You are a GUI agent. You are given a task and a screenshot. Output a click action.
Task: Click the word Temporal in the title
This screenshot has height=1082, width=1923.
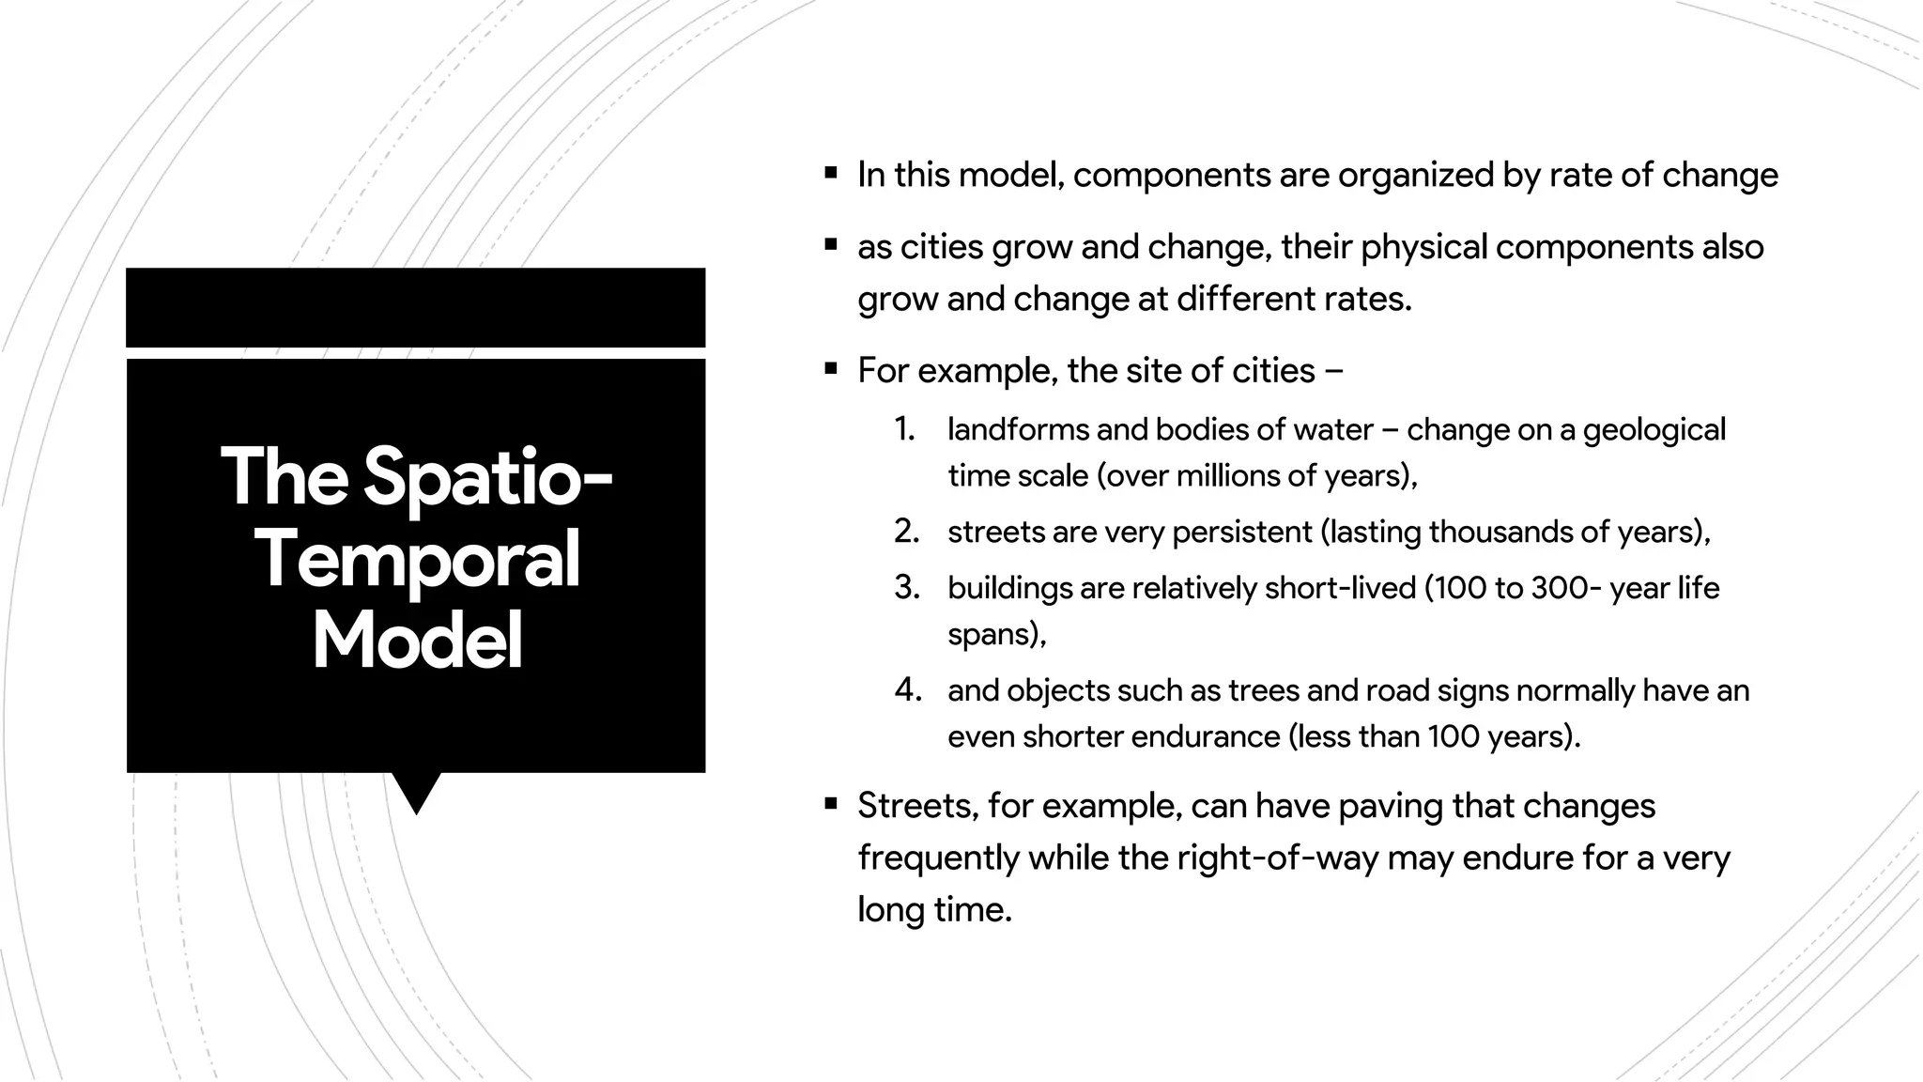pyautogui.click(x=417, y=561)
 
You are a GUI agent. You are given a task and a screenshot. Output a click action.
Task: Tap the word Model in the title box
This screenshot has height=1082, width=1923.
pyautogui.click(x=417, y=641)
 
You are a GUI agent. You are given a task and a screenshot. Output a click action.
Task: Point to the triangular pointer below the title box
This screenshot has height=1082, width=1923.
pyautogui.click(x=416, y=791)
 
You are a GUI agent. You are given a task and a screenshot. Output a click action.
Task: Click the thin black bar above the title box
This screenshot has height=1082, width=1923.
pyautogui.click(x=415, y=307)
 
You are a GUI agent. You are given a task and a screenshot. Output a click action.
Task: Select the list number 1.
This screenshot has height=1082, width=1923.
pyautogui.click(x=904, y=429)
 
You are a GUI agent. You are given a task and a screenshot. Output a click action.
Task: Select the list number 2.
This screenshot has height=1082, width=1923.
pyautogui.click(x=906, y=532)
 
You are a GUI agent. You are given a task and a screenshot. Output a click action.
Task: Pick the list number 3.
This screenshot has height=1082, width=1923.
pyautogui.click(x=906, y=588)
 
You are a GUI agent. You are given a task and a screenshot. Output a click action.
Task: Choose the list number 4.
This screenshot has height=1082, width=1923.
pyautogui.click(x=907, y=690)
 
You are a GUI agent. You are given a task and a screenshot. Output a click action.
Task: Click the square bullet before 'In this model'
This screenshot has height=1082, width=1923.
pyautogui.click(x=830, y=173)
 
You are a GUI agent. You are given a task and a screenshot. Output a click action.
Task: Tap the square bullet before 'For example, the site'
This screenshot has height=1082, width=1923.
pyautogui.click(x=830, y=369)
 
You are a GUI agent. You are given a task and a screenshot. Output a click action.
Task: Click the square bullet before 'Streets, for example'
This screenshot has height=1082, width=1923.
pyautogui.click(x=830, y=804)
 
